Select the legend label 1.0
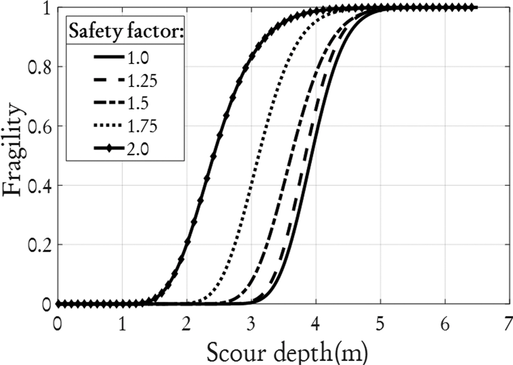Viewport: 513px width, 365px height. coord(138,58)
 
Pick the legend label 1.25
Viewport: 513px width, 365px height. coord(142,81)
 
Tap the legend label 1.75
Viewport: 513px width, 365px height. coord(142,127)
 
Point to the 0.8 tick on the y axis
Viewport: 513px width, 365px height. coord(39,67)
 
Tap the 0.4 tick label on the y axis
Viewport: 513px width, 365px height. coord(39,185)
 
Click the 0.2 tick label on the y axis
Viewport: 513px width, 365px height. coord(39,245)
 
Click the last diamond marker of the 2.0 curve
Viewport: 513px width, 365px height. coord(471,7)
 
